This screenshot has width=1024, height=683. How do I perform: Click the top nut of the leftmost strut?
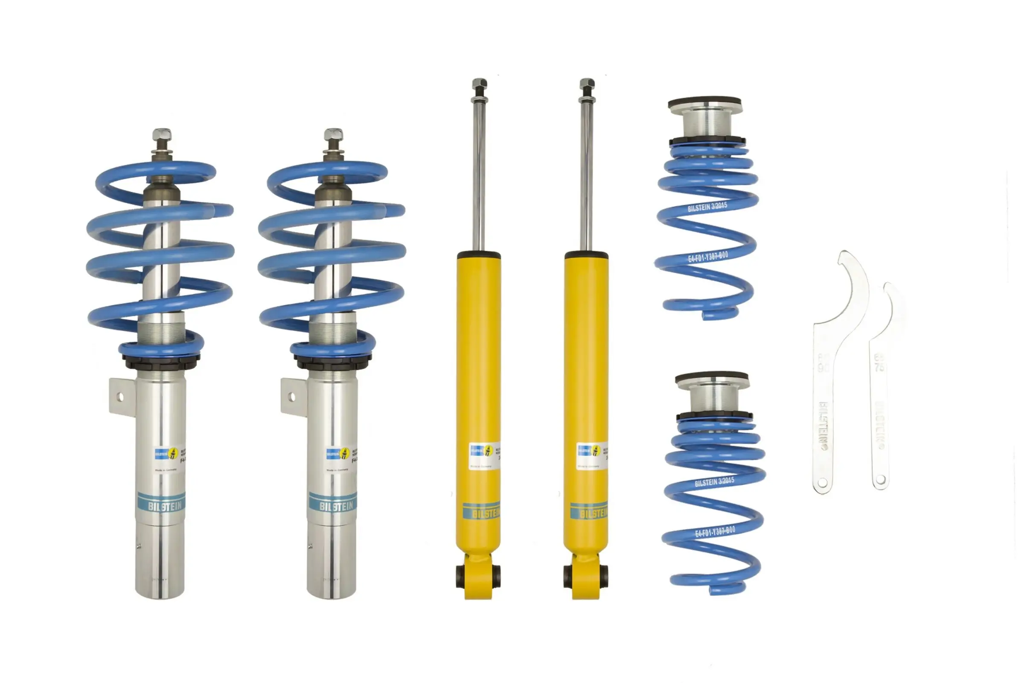pyautogui.click(x=162, y=135)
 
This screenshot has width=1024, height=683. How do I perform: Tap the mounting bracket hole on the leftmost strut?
pyautogui.click(x=121, y=397)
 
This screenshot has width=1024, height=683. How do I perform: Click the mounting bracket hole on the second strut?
pyautogui.click(x=292, y=397)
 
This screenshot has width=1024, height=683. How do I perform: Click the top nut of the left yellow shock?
pyautogui.click(x=479, y=84)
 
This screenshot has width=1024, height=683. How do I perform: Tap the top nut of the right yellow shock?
pyautogui.click(x=587, y=84)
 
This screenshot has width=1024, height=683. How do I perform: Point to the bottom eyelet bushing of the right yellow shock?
pyautogui.click(x=568, y=576)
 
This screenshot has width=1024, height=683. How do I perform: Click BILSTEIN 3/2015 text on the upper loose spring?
pyautogui.click(x=707, y=207)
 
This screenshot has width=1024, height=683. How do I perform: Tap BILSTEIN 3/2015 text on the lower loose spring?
pyautogui.click(x=714, y=482)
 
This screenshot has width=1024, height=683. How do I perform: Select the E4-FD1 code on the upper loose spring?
pyautogui.click(x=708, y=257)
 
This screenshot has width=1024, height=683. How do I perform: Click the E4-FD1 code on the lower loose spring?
pyautogui.click(x=715, y=532)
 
